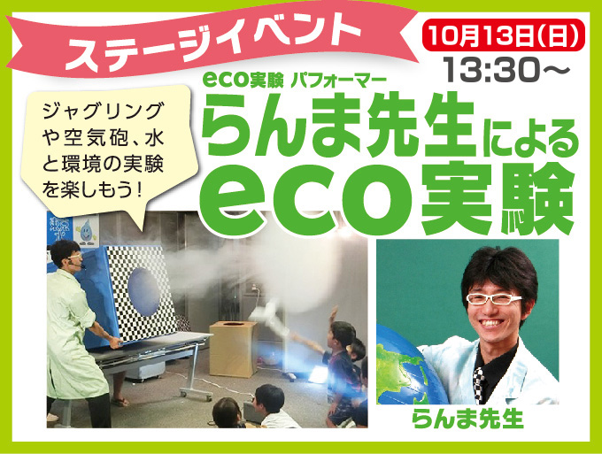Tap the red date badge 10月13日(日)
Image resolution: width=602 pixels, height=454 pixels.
[504, 35]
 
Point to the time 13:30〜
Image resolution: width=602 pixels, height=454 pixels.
[506, 70]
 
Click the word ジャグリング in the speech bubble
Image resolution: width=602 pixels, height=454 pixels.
[103, 112]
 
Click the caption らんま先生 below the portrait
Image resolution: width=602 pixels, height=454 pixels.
[467, 419]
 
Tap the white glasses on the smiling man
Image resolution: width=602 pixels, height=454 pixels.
[494, 298]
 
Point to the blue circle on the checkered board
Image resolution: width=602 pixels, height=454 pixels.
[144, 292]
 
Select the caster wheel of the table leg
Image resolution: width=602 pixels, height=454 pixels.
[183, 394]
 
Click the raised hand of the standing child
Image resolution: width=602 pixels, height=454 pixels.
[335, 311]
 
